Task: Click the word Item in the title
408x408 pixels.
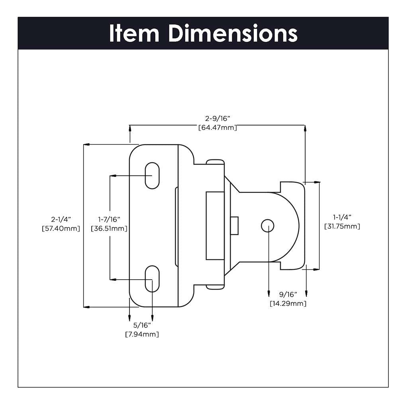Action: coord(134,33)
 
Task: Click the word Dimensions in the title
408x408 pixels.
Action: coord(233,33)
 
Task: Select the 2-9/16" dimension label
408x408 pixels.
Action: coord(218,118)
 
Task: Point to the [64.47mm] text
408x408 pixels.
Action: coord(218,127)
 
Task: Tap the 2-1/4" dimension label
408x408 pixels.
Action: coord(61,219)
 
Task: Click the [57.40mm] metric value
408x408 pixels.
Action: coord(61,228)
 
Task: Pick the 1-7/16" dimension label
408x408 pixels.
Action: coord(109,219)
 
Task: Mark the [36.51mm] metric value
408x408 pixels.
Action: coord(109,228)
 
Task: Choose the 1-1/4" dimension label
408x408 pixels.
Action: coord(342,217)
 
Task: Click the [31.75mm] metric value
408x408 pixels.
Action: coord(342,226)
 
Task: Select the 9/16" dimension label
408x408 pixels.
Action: coord(288,294)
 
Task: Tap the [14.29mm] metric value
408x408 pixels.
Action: coord(288,304)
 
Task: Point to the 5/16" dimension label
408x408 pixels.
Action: coord(141,325)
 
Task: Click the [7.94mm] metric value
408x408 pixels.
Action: coord(141,334)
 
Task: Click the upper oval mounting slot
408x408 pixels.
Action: coord(152,175)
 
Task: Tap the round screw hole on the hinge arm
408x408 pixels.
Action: coord(267,226)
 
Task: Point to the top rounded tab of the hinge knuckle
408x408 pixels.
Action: coord(215,161)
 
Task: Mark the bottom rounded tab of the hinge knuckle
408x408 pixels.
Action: coord(215,286)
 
